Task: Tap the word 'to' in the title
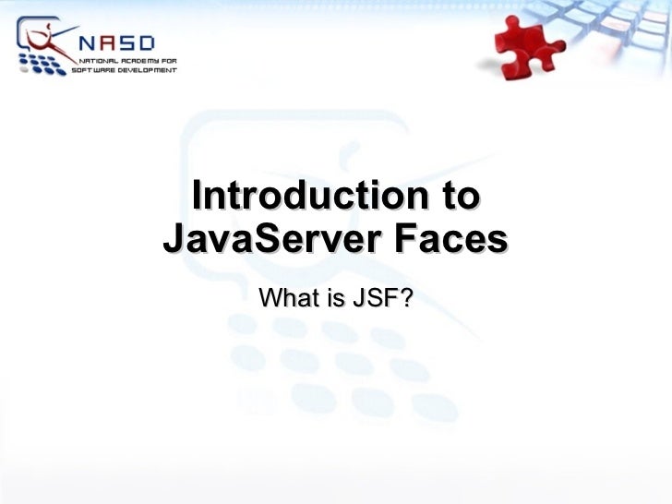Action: (458, 197)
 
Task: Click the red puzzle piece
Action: (529, 46)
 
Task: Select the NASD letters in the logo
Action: (116, 42)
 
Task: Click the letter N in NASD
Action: (86, 42)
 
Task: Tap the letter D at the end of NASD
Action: (147, 42)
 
